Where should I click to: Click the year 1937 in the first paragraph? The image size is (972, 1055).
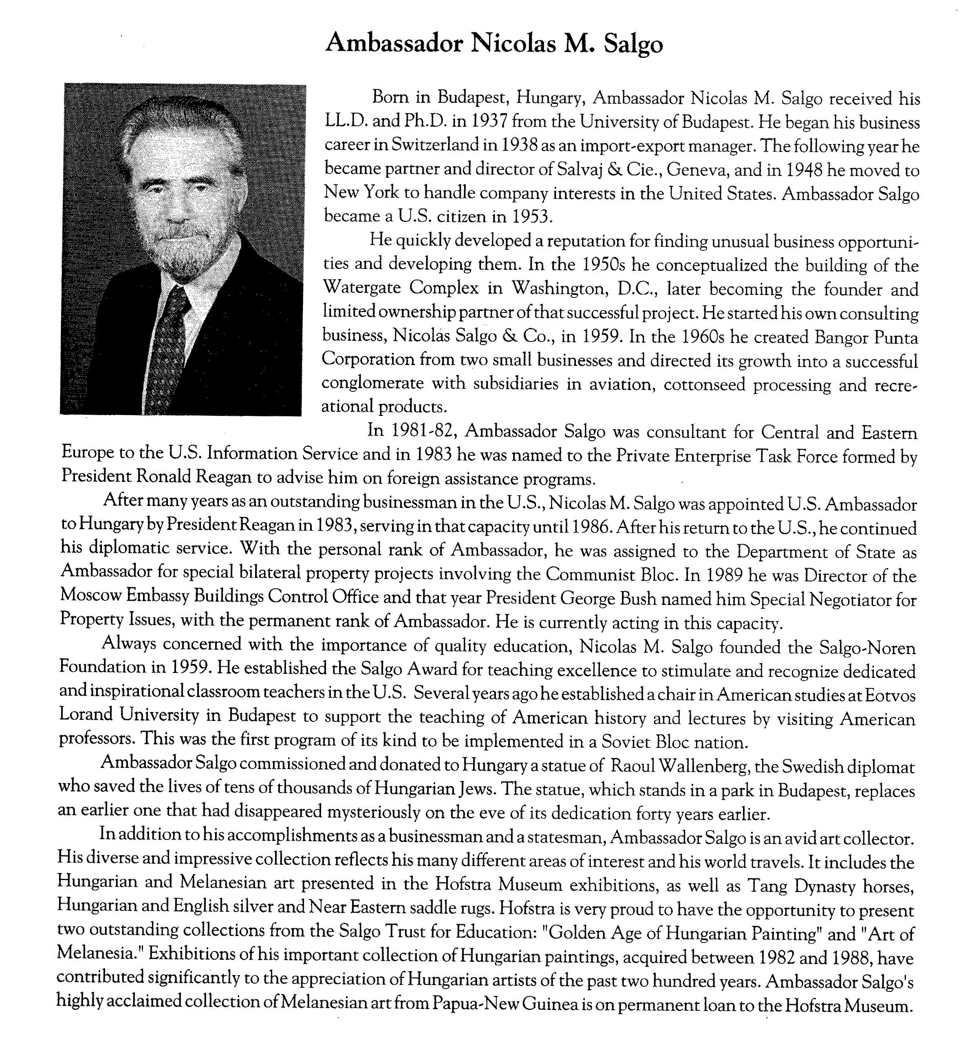click(x=489, y=121)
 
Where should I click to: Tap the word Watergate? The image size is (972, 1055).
click(x=362, y=288)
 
